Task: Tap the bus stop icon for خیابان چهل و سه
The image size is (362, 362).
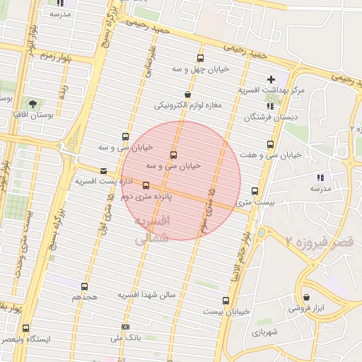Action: (201, 59)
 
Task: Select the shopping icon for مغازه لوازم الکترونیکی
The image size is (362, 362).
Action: (187, 95)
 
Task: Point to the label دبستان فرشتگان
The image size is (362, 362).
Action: (271, 117)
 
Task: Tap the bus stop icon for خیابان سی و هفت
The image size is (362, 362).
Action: (269, 144)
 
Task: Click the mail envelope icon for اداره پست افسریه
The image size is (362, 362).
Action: (104, 170)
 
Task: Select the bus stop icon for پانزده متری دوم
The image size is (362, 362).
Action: (146, 186)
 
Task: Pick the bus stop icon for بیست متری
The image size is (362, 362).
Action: (255, 191)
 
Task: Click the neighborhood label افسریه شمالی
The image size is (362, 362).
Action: (152, 230)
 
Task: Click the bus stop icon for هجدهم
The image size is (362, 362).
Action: (85, 286)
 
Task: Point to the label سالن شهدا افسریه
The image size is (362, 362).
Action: (146, 294)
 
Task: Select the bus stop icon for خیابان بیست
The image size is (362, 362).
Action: (226, 300)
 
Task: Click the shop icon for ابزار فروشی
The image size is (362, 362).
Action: (306, 297)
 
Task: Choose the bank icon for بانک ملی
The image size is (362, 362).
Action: (125, 327)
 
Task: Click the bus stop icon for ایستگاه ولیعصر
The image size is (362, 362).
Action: (25, 329)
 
